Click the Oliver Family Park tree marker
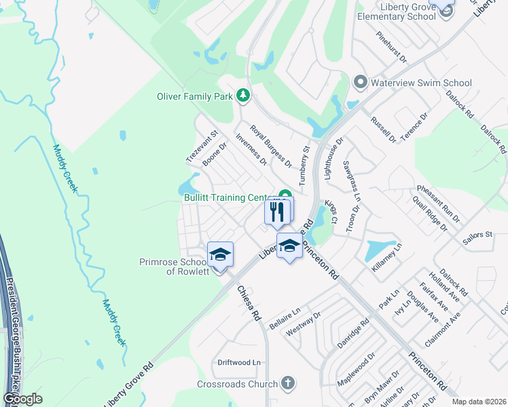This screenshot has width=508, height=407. point(242,96)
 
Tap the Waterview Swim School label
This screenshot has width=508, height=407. point(421,83)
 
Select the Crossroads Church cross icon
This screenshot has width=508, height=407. point(288,383)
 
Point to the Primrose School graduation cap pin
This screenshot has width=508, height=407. point(220,255)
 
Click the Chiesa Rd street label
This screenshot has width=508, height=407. point(249,303)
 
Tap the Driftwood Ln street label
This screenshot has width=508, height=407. point(238,363)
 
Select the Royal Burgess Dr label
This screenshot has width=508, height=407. point(270,146)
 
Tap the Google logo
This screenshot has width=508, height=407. point(22,398)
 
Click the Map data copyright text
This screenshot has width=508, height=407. point(479,402)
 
